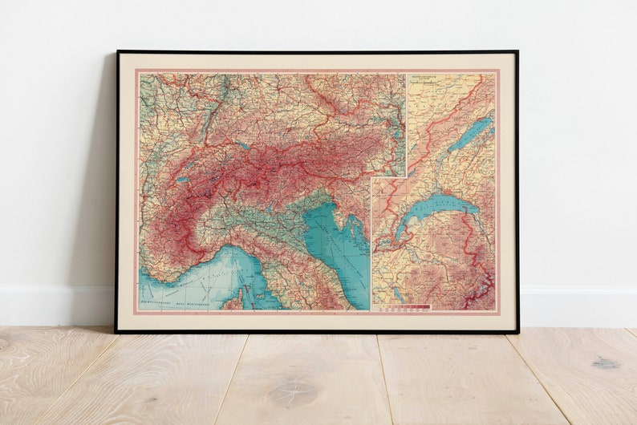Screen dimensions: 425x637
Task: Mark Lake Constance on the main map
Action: pyautogui.click(x=241, y=147)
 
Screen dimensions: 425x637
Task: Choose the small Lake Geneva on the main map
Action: pyautogui.click(x=183, y=180)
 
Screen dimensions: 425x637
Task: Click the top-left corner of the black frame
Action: pyautogui.click(x=117, y=51)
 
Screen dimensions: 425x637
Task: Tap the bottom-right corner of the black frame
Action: pyautogui.click(x=517, y=331)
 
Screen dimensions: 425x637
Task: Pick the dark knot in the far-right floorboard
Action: pyautogui.click(x=606, y=362)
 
